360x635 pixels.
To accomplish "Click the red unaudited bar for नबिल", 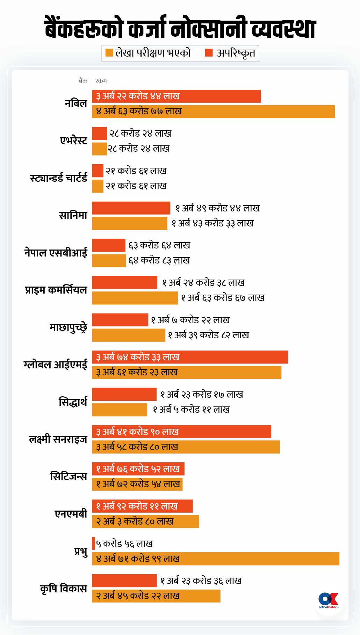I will [177, 96].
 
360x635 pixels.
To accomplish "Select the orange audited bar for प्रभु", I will [216, 558].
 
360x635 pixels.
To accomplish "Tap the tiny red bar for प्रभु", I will [94, 543].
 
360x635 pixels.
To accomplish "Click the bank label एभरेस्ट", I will [73, 140].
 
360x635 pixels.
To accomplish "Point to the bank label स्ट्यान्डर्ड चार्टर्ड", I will [58, 178].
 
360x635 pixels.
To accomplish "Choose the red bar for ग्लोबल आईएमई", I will [190, 357].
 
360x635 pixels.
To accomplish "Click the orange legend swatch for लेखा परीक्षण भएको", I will [109, 53].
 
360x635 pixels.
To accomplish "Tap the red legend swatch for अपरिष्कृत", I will [209, 53].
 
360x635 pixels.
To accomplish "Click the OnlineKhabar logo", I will [329, 600].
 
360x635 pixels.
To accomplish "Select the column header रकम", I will [101, 81].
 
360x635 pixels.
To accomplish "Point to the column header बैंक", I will [83, 81].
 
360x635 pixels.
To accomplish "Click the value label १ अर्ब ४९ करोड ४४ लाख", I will [217, 208].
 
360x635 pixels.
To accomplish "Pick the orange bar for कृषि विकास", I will [156, 596].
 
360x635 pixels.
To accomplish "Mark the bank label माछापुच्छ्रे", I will [68, 327].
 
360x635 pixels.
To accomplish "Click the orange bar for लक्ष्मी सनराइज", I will [186, 447].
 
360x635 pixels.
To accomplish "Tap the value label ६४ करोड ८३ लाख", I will [159, 260].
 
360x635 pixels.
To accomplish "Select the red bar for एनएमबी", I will [142, 506].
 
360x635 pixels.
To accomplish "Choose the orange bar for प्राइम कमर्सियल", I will [135, 298].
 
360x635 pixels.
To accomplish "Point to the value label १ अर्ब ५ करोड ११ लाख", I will [191, 410].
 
